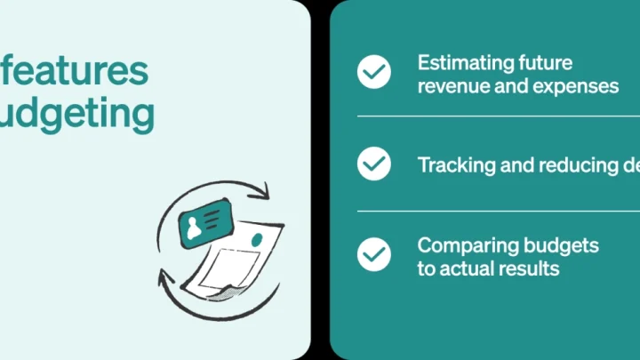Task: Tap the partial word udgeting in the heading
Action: point(76,114)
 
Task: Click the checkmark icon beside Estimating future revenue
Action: point(374,72)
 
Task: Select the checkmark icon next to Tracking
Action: point(374,164)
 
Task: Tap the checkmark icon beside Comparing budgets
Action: point(374,255)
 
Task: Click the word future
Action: point(546,63)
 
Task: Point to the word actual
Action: point(476,268)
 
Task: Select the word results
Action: point(535,268)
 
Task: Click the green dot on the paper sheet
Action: point(258,240)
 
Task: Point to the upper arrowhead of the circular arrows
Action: point(264,191)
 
